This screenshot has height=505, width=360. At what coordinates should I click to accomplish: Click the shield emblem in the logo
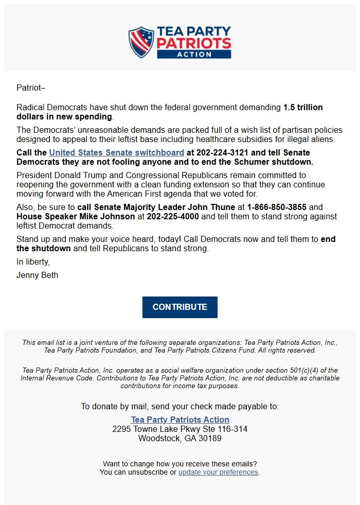click(141, 42)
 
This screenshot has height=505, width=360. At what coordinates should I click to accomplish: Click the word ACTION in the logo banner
click(194, 54)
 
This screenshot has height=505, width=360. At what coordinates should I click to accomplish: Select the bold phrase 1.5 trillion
click(303, 108)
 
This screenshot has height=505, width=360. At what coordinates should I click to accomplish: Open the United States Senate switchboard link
click(117, 152)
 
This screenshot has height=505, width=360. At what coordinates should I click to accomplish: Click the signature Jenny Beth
click(37, 275)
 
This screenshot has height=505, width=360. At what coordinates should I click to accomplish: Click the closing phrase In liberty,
click(33, 262)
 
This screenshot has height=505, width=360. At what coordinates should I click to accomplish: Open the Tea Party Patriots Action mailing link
click(180, 420)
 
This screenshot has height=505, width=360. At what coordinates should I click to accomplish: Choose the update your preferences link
click(218, 472)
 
